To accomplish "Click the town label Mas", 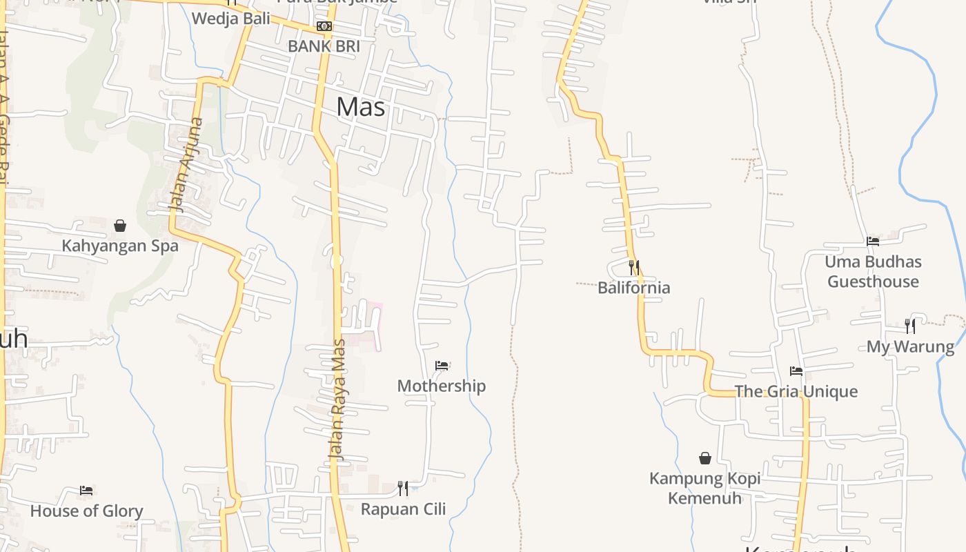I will pos(361,107).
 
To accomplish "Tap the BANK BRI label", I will pos(324,46).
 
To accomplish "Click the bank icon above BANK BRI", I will pos(324,27).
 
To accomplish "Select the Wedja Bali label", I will pos(231,19).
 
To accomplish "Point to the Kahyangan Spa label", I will pos(120,246).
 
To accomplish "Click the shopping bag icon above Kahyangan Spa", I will pos(120,226).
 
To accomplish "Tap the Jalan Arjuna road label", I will pos(187,165).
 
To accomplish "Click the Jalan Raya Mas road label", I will pos(337,400).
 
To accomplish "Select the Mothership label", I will pos(442,386).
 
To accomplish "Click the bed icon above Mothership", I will pos(442,366).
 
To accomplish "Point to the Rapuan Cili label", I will pos(404,509).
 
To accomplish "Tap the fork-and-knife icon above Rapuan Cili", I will pos(403,489).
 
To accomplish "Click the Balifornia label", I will pos(634,288).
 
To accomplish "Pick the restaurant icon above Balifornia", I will pos(633,267).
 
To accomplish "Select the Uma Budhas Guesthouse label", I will pos(874,272).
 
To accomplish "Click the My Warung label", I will pos(911,346).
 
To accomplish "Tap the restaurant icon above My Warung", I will pos(911,326).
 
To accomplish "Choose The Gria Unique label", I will pos(796,391).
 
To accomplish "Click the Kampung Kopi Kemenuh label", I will pos(705,488).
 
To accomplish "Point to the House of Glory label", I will pos(86,511).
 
